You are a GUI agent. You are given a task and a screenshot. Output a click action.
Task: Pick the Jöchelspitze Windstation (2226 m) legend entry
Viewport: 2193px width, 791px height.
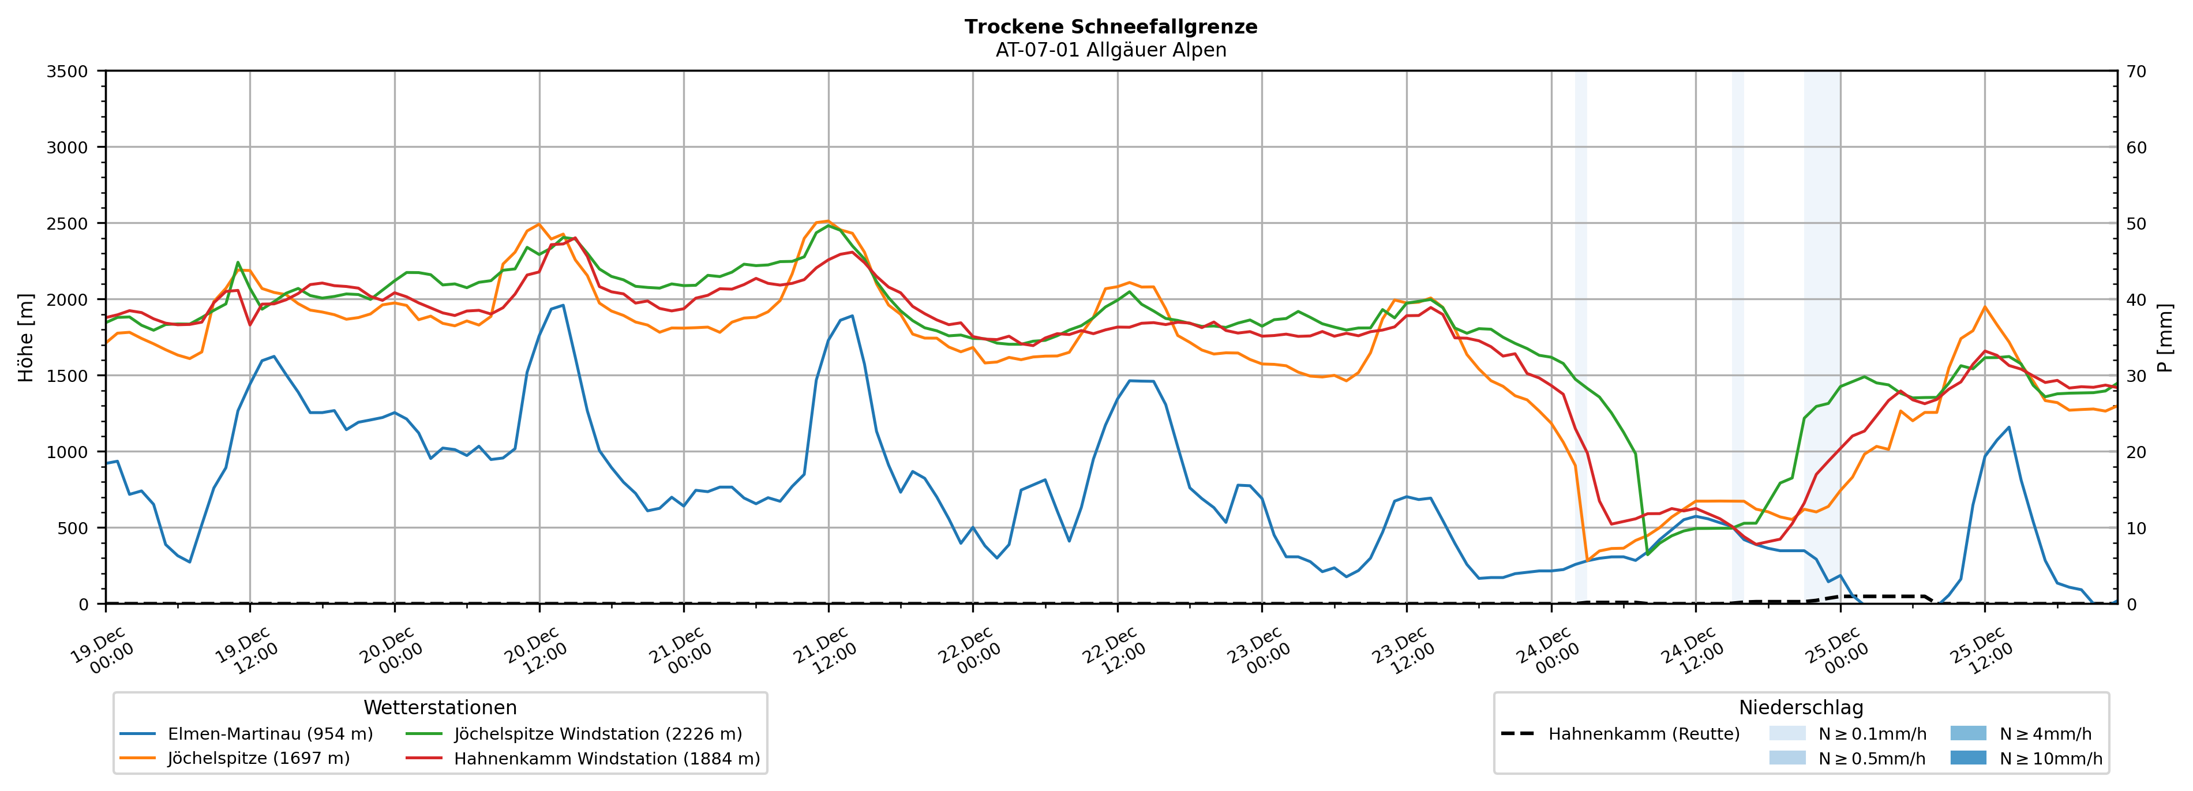pyautogui.click(x=598, y=734)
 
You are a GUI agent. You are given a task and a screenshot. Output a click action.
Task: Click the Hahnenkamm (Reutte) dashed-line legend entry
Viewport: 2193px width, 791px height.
pyautogui.click(x=1643, y=734)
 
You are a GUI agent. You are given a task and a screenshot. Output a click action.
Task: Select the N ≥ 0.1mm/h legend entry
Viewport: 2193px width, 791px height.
pyautogui.click(x=1871, y=734)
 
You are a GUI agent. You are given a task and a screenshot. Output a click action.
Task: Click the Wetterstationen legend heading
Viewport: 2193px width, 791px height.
pyautogui.click(x=440, y=707)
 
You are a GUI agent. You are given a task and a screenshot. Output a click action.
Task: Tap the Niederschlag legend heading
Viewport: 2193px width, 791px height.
pyautogui.click(x=1801, y=707)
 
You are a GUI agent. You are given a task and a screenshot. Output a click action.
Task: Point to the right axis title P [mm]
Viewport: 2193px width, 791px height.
pyautogui.click(x=2165, y=337)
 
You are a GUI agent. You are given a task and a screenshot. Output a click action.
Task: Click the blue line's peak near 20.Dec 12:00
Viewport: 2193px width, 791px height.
pyautogui.click(x=563, y=305)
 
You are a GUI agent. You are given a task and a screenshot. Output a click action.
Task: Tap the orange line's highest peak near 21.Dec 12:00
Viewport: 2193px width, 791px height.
pyautogui.click(x=827, y=222)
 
